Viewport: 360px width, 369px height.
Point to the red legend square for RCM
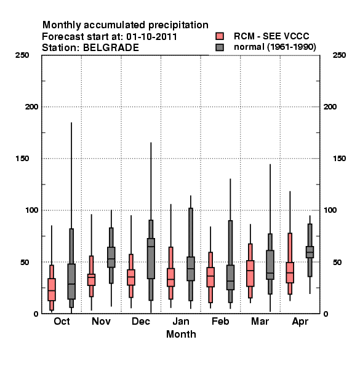(220, 36)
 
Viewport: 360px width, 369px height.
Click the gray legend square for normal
(220, 47)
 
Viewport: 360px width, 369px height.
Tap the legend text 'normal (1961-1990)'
(274, 47)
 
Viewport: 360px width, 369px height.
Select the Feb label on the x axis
(220, 321)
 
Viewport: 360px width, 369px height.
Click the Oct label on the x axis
(62, 321)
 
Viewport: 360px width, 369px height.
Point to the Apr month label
(300, 322)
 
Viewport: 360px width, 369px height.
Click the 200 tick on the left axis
(31, 107)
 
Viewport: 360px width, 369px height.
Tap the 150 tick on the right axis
(339, 159)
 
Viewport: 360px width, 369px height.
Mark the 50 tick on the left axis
(25, 262)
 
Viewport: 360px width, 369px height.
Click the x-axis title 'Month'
(181, 334)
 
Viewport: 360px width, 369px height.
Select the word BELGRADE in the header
(111, 48)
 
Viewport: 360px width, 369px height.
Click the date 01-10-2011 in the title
(151, 37)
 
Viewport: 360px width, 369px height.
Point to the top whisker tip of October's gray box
(71, 122)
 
